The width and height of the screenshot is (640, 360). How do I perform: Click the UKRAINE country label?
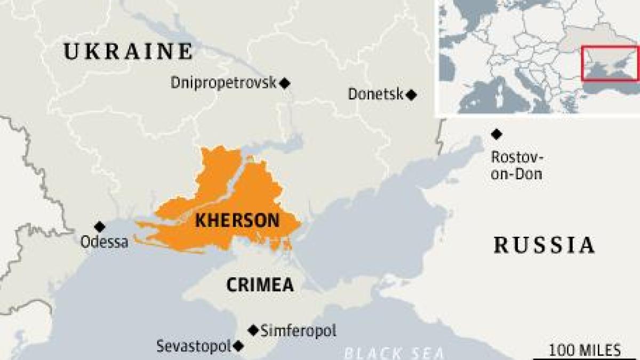click(x=128, y=52)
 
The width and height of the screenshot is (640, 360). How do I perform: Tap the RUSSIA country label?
click(x=543, y=245)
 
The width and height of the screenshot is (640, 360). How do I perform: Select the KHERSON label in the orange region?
click(x=237, y=220)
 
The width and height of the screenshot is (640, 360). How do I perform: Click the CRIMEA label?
click(x=260, y=285)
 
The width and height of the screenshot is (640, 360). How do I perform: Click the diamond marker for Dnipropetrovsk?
click(x=285, y=83)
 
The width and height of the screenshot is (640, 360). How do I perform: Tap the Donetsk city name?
click(x=375, y=94)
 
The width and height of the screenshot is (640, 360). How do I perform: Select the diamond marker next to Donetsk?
click(x=411, y=95)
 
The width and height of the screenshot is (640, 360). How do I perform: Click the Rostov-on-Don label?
click(x=516, y=165)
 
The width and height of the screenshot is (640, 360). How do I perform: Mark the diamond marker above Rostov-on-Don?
click(x=497, y=134)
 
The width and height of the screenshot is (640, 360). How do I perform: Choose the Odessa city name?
click(x=104, y=242)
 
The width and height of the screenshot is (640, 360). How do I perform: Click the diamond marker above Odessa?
click(x=99, y=227)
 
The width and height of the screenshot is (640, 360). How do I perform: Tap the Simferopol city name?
click(x=299, y=331)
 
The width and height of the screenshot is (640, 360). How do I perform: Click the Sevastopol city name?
click(x=193, y=346)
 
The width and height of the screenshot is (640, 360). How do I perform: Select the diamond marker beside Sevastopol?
click(x=238, y=346)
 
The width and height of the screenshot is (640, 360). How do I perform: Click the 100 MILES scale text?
click(x=585, y=350)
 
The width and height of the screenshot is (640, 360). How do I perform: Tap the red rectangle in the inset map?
click(x=610, y=63)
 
